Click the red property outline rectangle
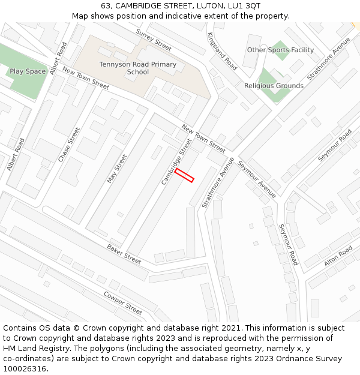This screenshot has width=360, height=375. (184, 175)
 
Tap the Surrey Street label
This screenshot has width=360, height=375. (154, 40)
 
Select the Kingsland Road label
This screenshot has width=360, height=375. (222, 51)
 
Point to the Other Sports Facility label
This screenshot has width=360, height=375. (280, 50)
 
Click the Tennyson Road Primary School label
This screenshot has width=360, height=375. (138, 68)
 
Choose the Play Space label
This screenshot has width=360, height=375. (28, 71)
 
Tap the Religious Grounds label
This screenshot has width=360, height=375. (274, 86)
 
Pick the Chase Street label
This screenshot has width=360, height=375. (69, 145)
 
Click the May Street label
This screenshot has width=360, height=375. (118, 169)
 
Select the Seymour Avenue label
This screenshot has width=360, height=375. (257, 179)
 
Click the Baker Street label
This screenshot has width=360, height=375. (124, 254)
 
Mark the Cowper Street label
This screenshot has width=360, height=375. (122, 302)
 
